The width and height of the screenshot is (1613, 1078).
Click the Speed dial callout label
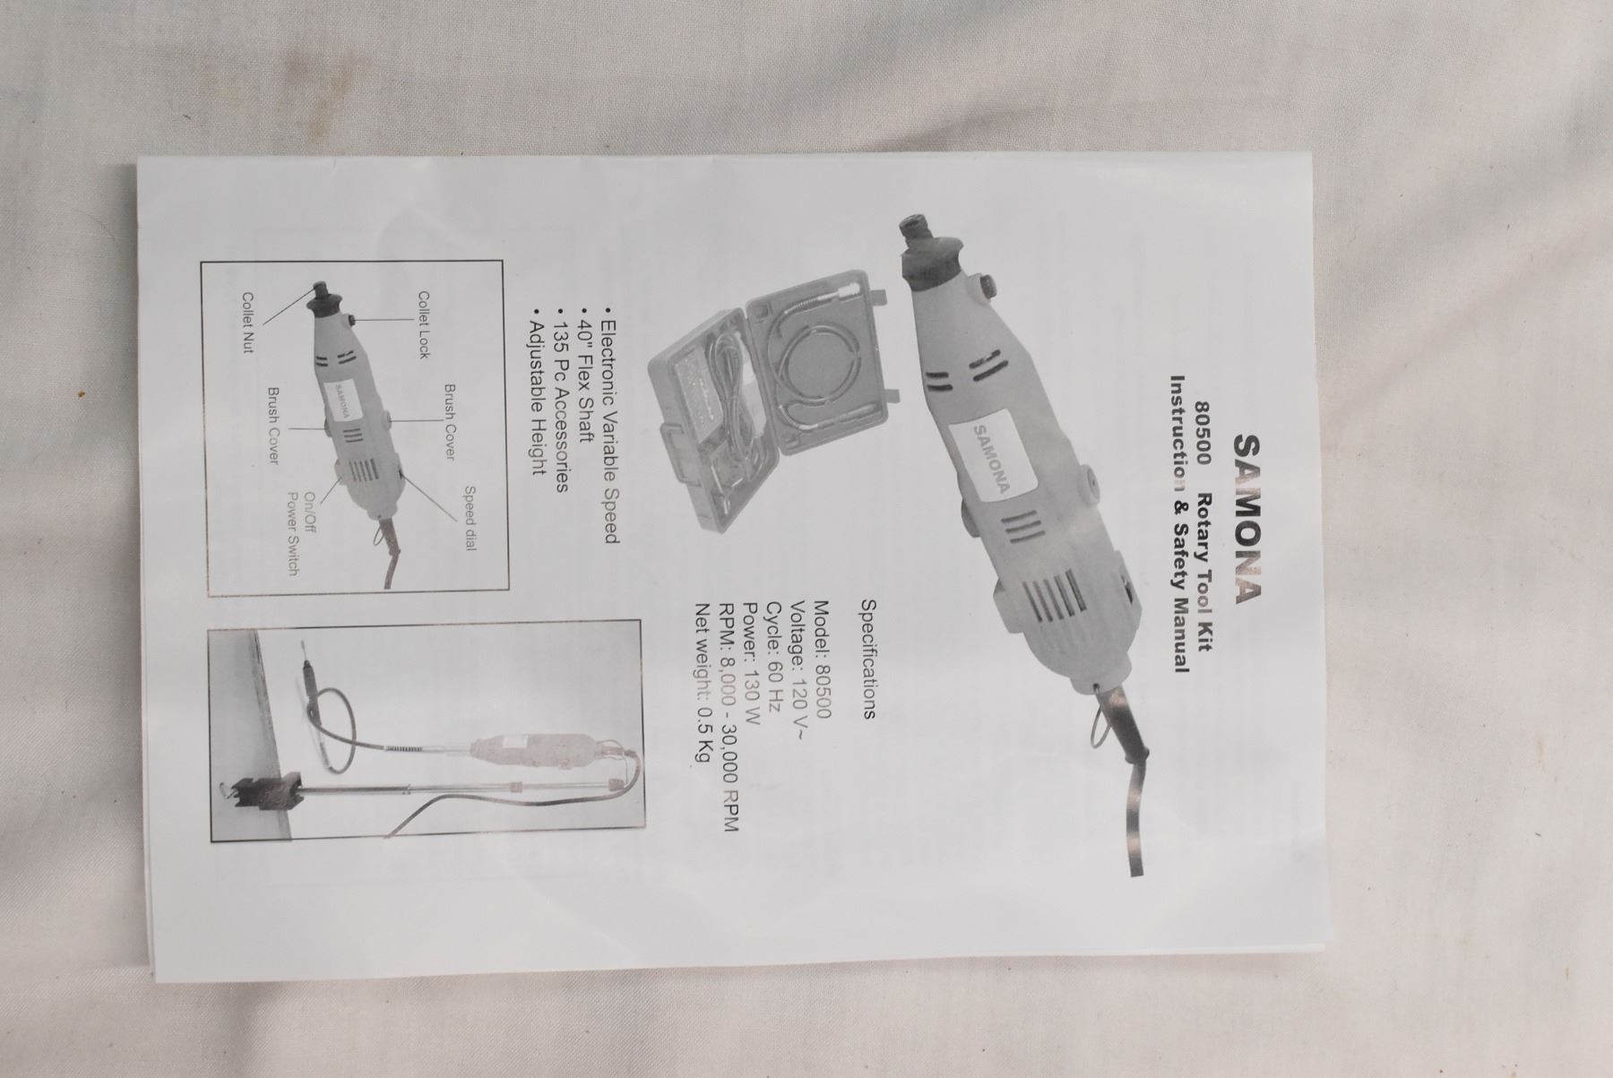tap(469, 518)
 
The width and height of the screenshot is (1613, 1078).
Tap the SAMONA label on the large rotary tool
tap(992, 459)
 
